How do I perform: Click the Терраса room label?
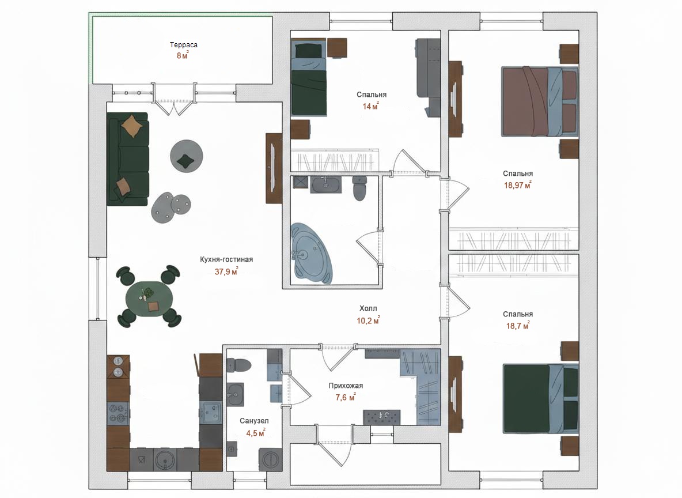[x=184, y=45]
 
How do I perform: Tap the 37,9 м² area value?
[x=226, y=271]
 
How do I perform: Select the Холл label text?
[x=368, y=308]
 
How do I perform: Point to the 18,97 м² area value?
[x=518, y=185]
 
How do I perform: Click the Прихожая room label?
[x=346, y=386]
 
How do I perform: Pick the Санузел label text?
[x=254, y=421]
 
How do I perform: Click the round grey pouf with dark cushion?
[x=186, y=156]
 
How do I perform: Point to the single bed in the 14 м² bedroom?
[x=309, y=77]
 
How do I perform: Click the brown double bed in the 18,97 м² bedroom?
[x=539, y=101]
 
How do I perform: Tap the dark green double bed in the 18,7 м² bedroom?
[x=541, y=399]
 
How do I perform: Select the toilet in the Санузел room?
[x=239, y=365]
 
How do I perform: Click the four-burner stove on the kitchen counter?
[x=118, y=413]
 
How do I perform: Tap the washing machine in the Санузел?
[x=271, y=459]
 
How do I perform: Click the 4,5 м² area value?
[x=255, y=433]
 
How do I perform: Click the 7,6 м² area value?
[x=346, y=397]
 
